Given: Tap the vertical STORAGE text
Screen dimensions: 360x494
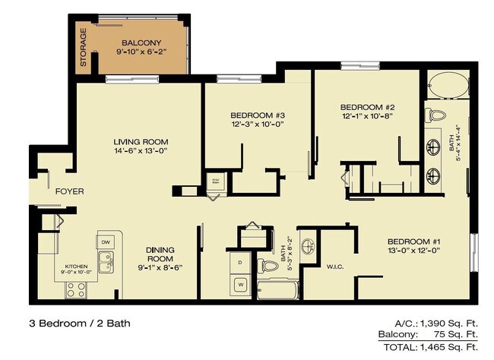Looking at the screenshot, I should pyautogui.click(x=84, y=47).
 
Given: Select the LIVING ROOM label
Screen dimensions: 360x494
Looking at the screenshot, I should pyautogui.click(x=141, y=142).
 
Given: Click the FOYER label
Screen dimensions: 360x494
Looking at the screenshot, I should pyautogui.click(x=69, y=191).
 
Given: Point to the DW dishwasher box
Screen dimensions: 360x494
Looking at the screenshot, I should pyautogui.click(x=105, y=242).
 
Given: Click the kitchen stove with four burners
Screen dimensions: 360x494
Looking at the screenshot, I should pyautogui.click(x=76, y=289).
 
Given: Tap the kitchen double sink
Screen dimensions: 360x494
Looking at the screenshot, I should pyautogui.click(x=106, y=264).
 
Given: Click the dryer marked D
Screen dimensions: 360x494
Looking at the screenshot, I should pyautogui.click(x=240, y=262).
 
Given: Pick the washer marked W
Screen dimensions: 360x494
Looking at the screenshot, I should pyautogui.click(x=240, y=286).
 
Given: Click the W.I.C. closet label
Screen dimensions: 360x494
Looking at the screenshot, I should pyautogui.click(x=336, y=267).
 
